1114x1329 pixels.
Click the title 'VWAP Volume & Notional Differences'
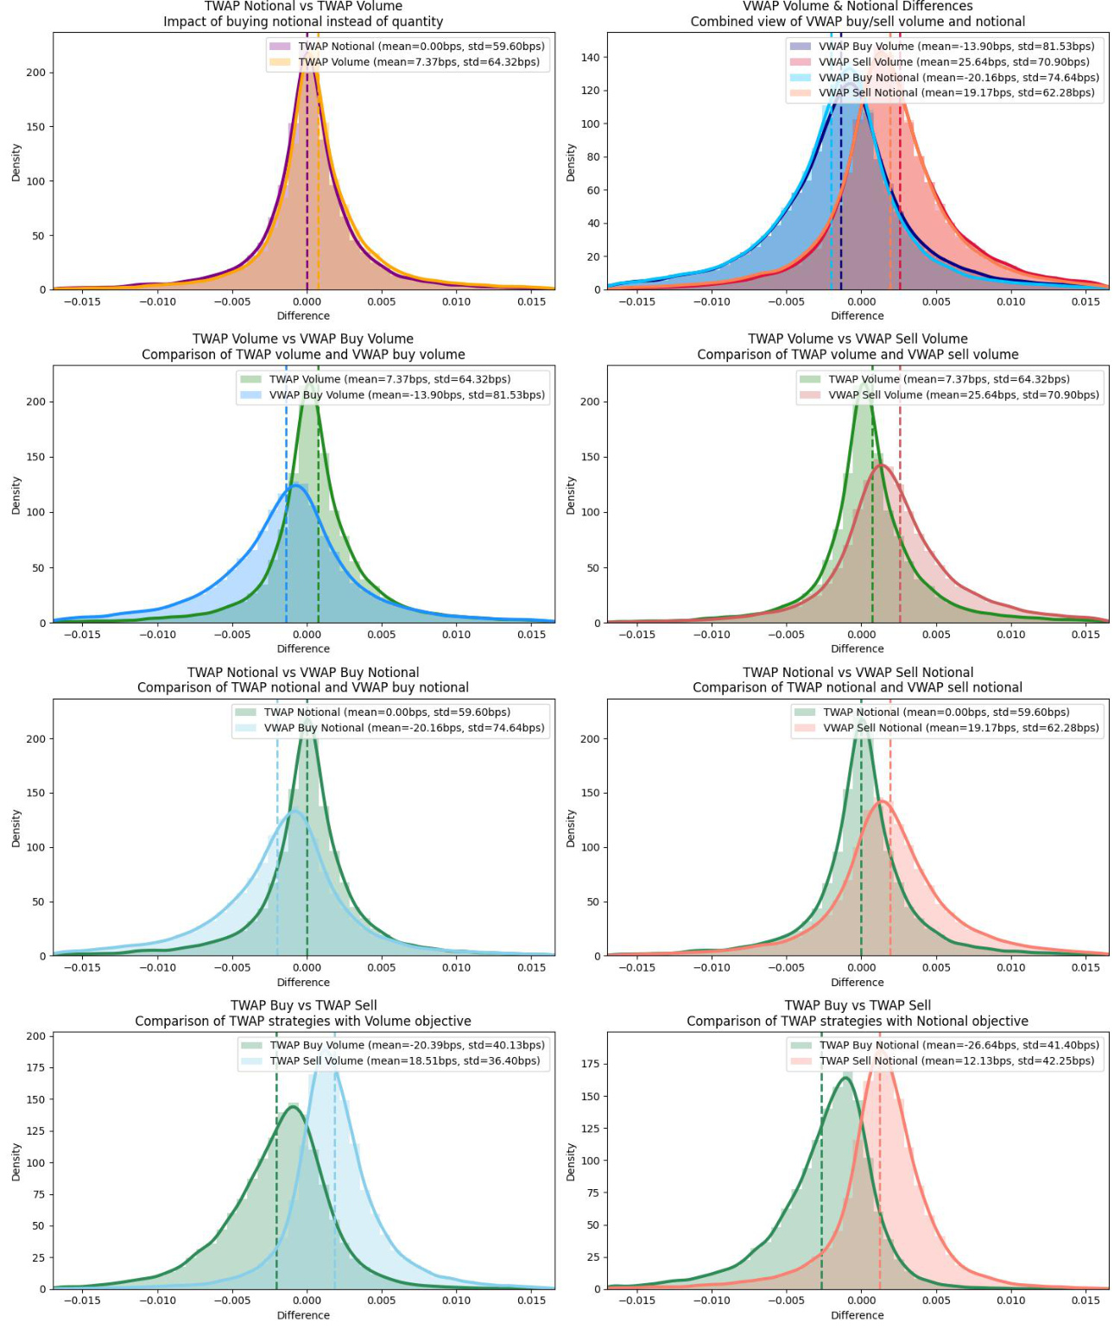click(x=858, y=7)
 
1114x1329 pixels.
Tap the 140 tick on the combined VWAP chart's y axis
click(x=591, y=57)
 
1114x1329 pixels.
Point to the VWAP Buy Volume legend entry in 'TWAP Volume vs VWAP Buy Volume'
click(x=406, y=396)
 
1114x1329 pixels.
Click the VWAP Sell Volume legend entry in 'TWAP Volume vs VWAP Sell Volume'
click(x=963, y=396)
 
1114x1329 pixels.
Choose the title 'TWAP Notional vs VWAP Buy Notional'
click(x=303, y=673)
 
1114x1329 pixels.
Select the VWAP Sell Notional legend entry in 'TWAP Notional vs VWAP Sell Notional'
click(x=960, y=728)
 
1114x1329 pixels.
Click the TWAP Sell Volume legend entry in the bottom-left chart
click(x=404, y=1061)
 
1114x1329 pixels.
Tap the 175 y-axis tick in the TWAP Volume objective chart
click(x=35, y=1068)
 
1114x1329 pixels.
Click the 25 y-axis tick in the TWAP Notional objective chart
click(x=593, y=1257)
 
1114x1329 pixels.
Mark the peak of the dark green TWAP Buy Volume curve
click(x=292, y=1107)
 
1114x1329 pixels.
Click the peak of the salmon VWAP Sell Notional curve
click(x=883, y=801)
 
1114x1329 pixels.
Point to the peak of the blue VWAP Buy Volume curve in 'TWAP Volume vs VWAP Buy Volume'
click(x=295, y=485)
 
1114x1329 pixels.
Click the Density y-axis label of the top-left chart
click(x=16, y=162)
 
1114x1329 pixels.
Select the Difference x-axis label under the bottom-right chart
click(x=857, y=1315)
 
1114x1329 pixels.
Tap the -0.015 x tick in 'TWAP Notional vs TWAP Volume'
click(x=85, y=301)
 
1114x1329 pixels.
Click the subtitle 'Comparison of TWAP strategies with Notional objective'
click(x=858, y=1021)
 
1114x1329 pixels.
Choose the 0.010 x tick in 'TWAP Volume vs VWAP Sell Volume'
click(x=1011, y=635)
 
